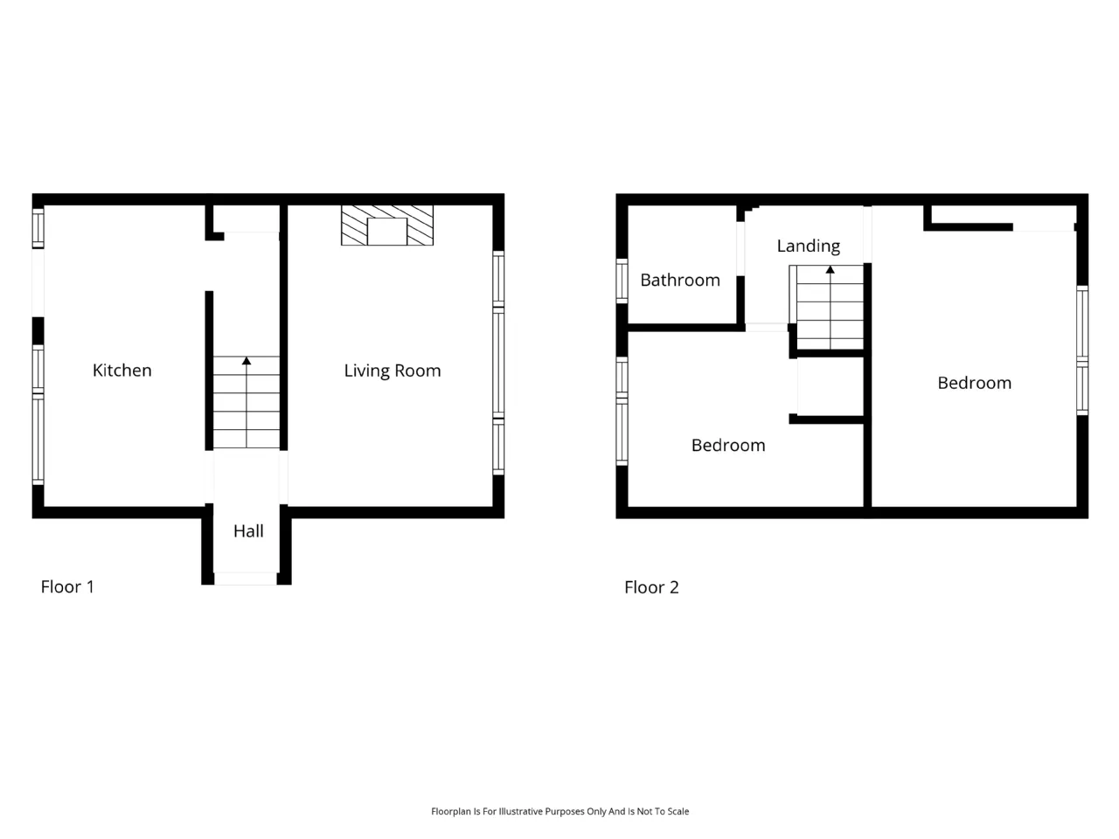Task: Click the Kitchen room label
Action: coord(122,370)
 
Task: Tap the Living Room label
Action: coord(392,371)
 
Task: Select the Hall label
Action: coord(248,530)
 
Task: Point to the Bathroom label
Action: coord(680,280)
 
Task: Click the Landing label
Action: coord(808,246)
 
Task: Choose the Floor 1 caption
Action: coord(67,586)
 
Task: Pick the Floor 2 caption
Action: coord(651,587)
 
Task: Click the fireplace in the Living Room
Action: coord(387,225)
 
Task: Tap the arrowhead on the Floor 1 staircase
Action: coord(247,361)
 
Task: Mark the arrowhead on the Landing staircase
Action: coord(830,269)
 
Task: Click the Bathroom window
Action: coord(622,281)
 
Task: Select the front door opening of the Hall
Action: coord(245,579)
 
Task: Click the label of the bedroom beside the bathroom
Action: coord(728,445)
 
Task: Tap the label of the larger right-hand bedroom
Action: coord(974,383)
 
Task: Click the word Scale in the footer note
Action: coord(678,812)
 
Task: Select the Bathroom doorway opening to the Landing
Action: coord(740,248)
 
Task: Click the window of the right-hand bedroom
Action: coord(1081,350)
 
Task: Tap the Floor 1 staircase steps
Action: coord(247,402)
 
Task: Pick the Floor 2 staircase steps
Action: coord(830,307)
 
